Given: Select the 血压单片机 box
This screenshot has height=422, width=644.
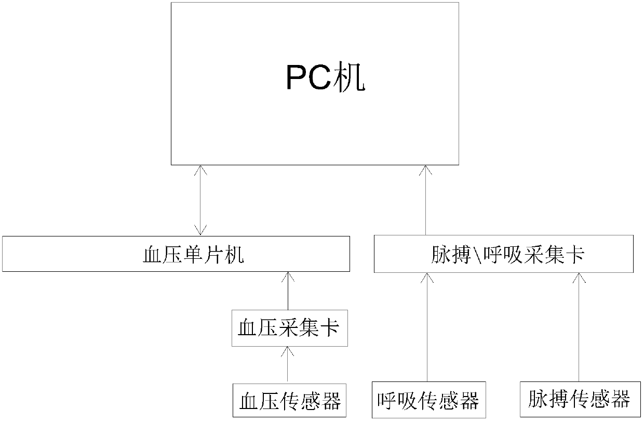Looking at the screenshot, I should pyautogui.click(x=175, y=254).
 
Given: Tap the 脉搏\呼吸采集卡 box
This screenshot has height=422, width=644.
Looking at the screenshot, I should pyautogui.click(x=503, y=254).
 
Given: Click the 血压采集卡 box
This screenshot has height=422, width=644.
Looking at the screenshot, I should pyautogui.click(x=289, y=328).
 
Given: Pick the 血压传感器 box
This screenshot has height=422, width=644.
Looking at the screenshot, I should pyautogui.click(x=289, y=401).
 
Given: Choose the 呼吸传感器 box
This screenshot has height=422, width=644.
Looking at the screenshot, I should pyautogui.click(x=427, y=401).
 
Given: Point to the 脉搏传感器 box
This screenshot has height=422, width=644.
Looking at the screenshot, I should pyautogui.click(x=578, y=400).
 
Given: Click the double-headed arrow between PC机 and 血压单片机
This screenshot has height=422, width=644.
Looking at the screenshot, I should pyautogui.click(x=200, y=201).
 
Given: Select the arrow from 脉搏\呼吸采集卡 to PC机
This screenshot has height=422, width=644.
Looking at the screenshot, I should pyautogui.click(x=426, y=201).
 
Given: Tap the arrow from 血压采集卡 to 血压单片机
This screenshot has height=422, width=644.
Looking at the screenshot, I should pyautogui.click(x=288, y=291).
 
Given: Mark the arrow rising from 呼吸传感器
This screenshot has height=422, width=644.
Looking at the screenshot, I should pyautogui.click(x=427, y=327).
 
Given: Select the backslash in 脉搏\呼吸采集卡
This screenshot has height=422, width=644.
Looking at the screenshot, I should pyautogui.click(x=479, y=254).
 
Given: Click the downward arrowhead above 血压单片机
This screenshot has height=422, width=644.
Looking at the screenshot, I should pyautogui.click(x=200, y=230).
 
